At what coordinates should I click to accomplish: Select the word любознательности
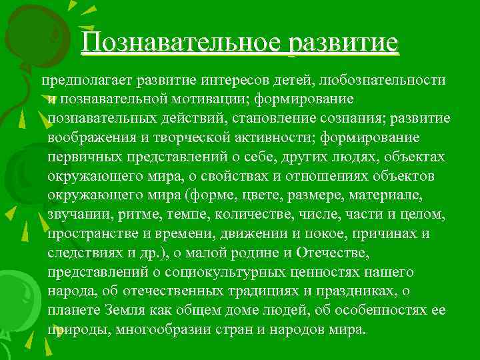tap(383, 81)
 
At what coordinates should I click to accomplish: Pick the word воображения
tap(91, 138)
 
